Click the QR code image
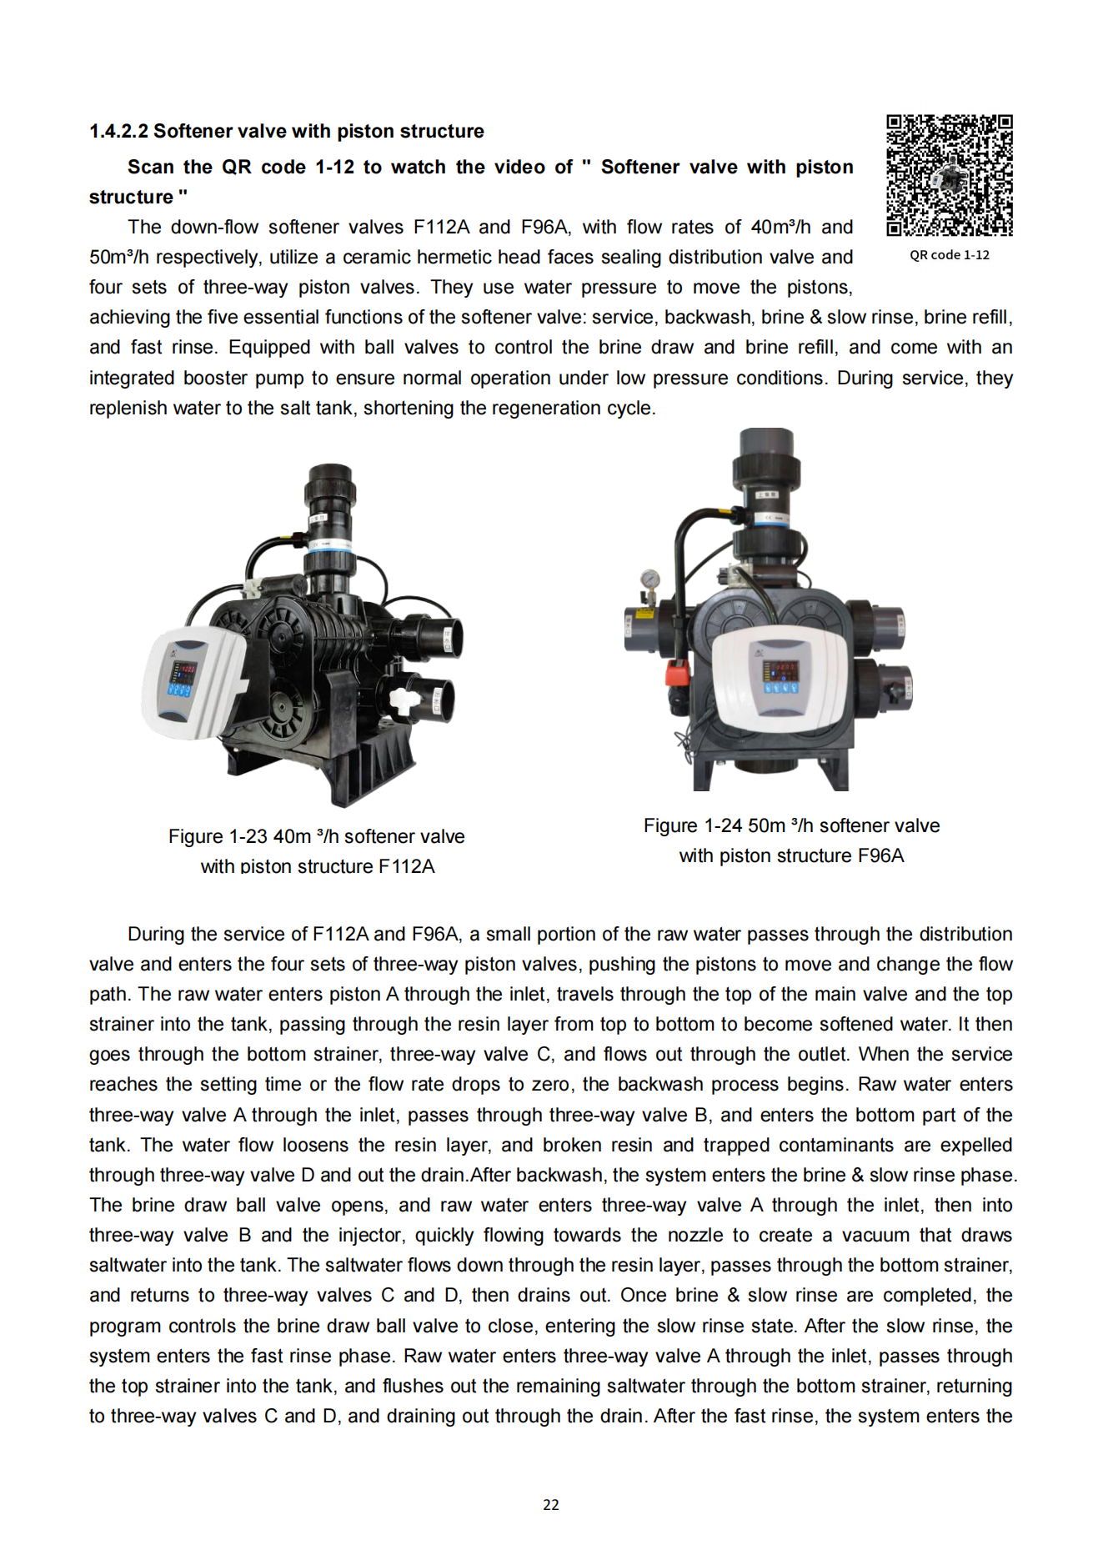[949, 175]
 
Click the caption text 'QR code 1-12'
[949, 255]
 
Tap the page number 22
[550, 1505]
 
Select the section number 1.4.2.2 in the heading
[118, 132]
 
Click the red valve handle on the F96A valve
[679, 671]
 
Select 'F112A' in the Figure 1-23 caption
[406, 866]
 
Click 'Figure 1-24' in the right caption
[692, 825]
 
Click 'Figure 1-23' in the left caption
[218, 836]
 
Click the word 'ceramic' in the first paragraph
[377, 257]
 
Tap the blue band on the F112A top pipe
[331, 545]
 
